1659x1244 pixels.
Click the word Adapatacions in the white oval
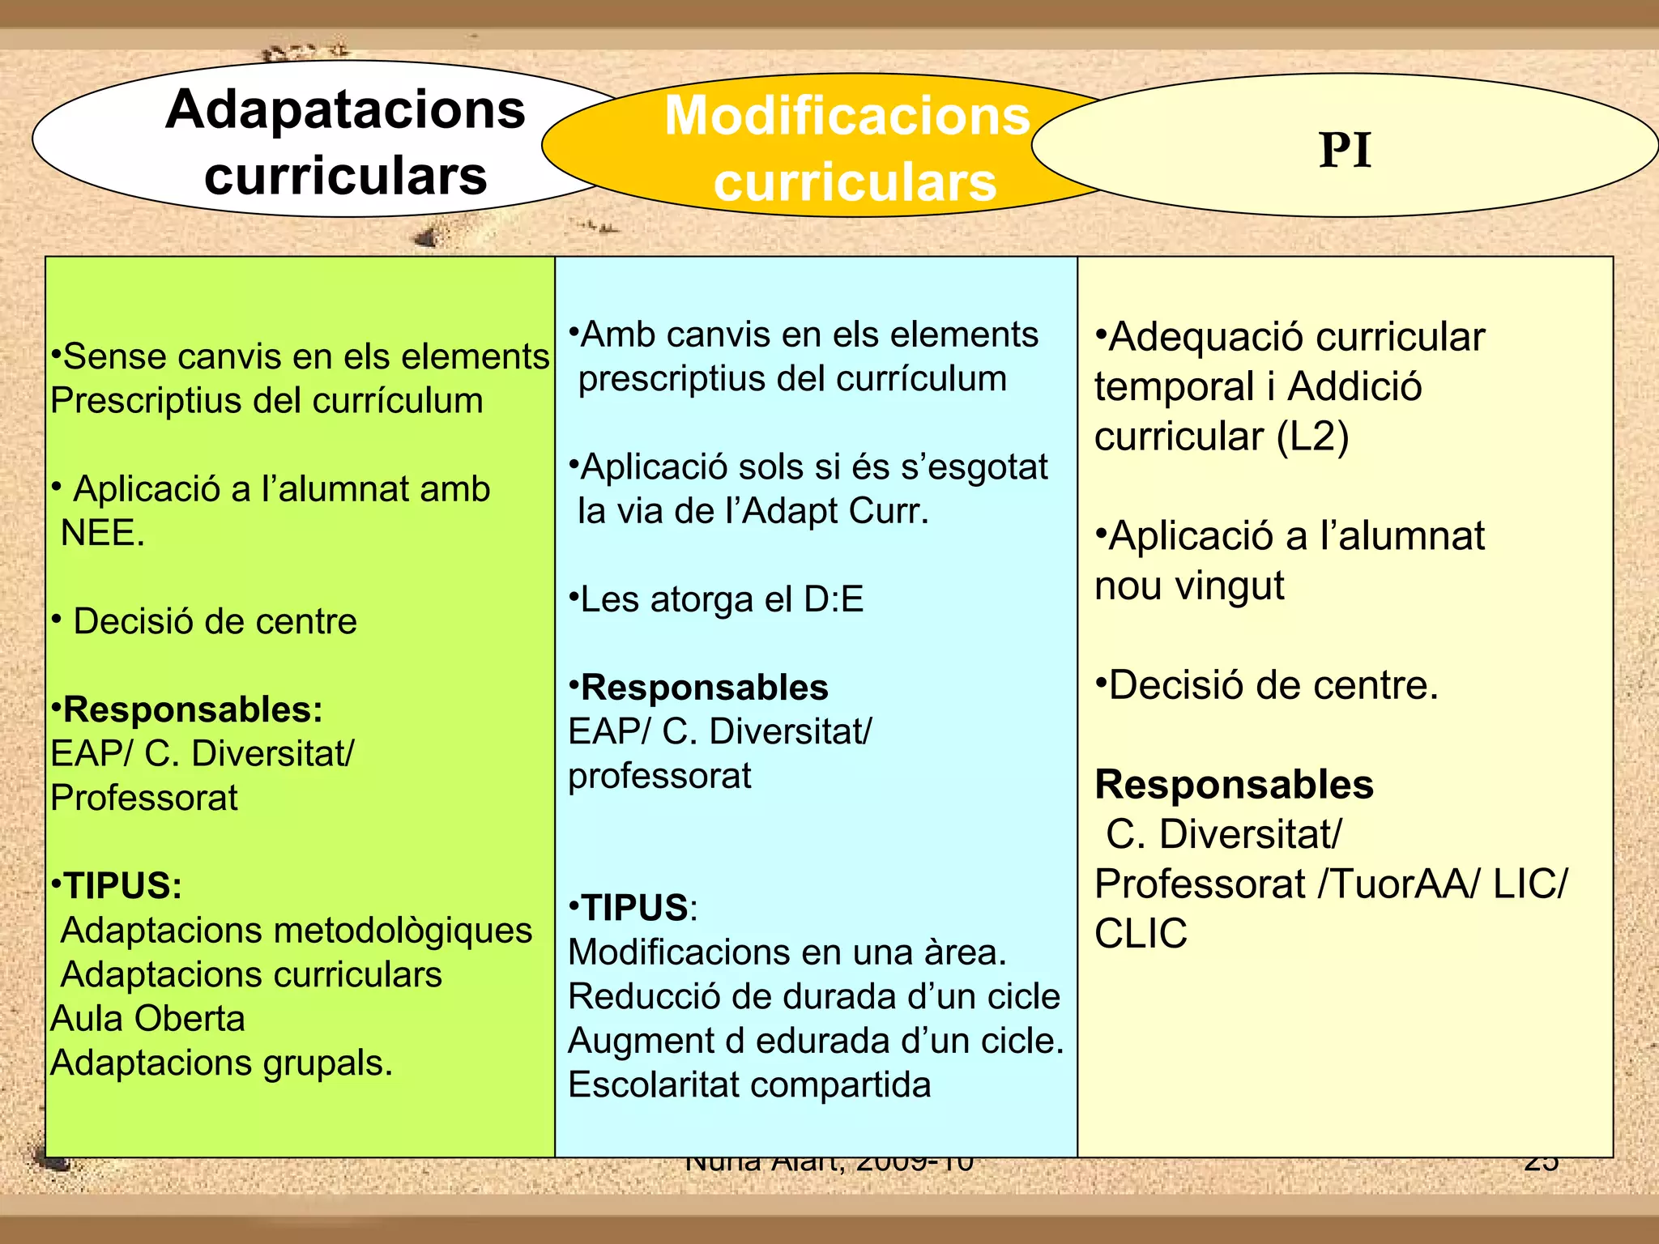coord(345,110)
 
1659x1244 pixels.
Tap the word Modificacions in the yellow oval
coord(847,117)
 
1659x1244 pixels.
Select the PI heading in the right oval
coord(1345,151)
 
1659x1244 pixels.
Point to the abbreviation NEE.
coord(102,534)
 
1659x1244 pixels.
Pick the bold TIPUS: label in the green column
coord(122,886)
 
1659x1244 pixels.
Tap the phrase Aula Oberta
coord(147,1019)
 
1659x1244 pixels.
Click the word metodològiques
coord(404,931)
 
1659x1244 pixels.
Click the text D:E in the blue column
coord(834,600)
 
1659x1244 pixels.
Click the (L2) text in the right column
coord(1312,437)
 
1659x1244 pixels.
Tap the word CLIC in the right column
coord(1141,934)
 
